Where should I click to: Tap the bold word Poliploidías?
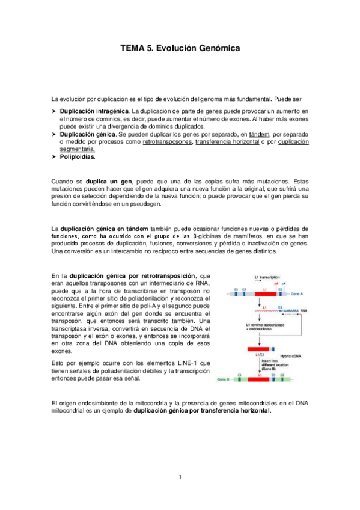[x=78, y=158]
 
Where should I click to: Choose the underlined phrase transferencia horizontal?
[x=228, y=142]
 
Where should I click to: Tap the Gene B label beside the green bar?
[x=223, y=380]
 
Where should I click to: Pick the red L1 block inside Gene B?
[x=260, y=380]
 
